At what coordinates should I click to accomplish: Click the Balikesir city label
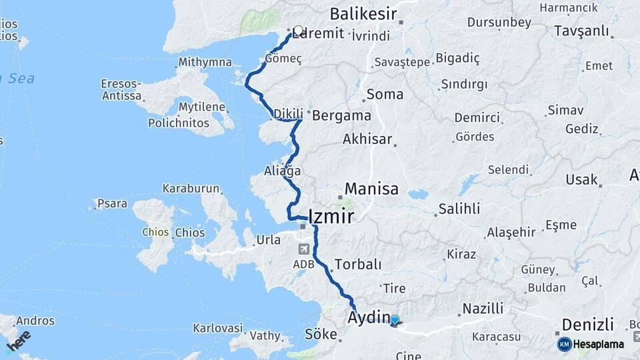pos(363,14)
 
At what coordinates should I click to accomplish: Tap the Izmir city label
pos(331,216)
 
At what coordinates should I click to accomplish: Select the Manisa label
pos(371,189)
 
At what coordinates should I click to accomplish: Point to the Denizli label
pos(587,325)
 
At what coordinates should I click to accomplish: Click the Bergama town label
pos(341,115)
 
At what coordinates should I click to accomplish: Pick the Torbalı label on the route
pos(358,263)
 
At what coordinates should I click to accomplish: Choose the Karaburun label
pos(191,189)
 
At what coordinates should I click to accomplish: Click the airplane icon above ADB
pos(304,249)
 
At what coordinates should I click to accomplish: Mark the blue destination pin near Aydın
pos(395,321)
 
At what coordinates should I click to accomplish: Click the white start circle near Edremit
pos(299,30)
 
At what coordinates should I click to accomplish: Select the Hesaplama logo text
pos(599,344)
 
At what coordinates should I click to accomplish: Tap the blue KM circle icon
pos(564,344)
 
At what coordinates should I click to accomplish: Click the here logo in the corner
pos(19,341)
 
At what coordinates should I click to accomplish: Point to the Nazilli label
pos(483,308)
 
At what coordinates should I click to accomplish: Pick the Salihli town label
pos(459,209)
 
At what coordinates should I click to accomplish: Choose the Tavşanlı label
pos(581,31)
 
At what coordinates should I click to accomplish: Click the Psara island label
pos(112,203)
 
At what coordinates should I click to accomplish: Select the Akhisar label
pos(367,139)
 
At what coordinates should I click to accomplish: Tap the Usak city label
pos(581,179)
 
